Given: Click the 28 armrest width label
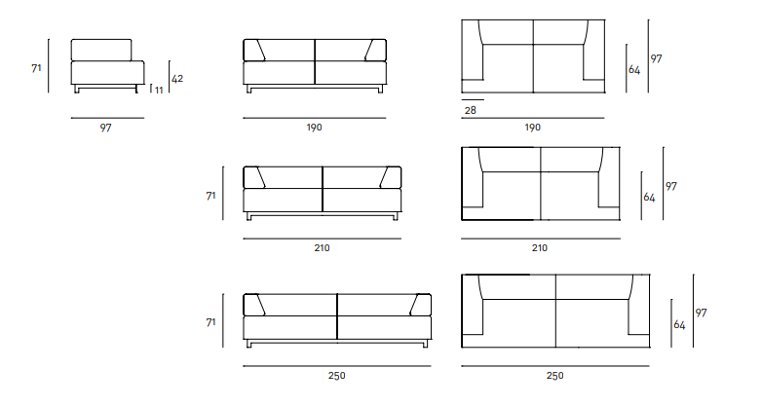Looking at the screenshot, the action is pos(471,110).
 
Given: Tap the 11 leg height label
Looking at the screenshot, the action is pos(159,90).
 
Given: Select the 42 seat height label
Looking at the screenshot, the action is pos(177,79).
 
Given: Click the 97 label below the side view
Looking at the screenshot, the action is pos(106,128).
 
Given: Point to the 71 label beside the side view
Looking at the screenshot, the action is pos(36,68).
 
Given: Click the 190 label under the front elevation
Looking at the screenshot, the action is pos(315,128).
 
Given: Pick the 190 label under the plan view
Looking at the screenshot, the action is pos(533,128).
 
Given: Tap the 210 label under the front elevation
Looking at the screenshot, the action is pos(322,247).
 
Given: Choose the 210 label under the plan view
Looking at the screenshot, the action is pos(540,247).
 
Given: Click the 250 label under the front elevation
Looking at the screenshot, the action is pos(337,376).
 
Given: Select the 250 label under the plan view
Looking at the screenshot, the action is pos(555,376).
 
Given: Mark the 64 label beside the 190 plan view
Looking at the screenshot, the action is pos(634,70).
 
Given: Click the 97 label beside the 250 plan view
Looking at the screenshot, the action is pos(701,314).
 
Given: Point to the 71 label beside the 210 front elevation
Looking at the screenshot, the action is pos(210,196).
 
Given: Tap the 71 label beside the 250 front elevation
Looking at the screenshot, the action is pos(210,322).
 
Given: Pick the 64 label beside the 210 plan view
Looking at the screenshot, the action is pos(649,198).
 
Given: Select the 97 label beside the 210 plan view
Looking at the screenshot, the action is pos(671,186).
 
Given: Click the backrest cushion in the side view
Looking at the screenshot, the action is pos(101,50).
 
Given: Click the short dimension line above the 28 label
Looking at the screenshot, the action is pos(473,100).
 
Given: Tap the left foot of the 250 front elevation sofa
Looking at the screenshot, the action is pos(248,344).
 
